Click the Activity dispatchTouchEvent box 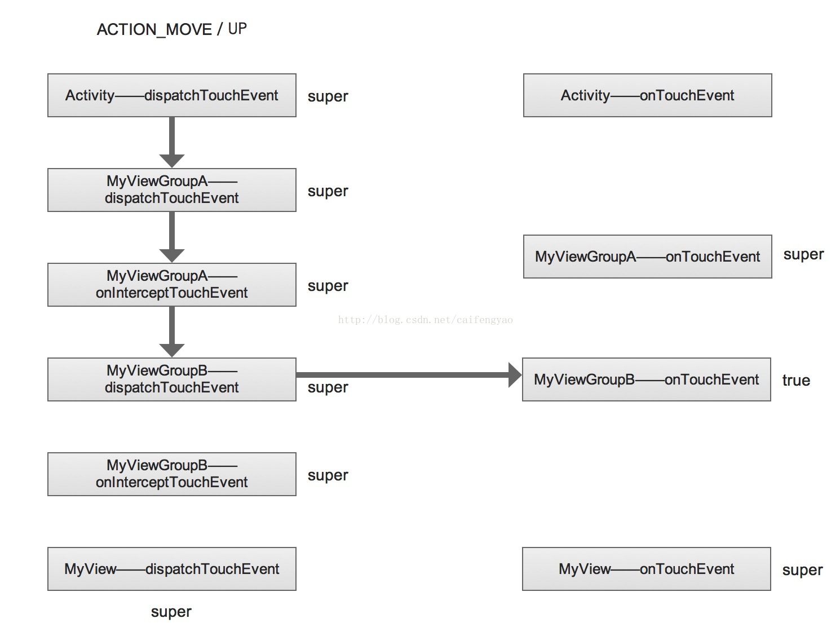coord(172,95)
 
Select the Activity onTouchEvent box coord(647,95)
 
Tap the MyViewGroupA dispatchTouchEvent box coord(172,190)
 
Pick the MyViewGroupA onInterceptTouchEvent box coord(172,285)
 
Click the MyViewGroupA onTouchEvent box coord(647,257)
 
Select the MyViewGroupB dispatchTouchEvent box coord(172,379)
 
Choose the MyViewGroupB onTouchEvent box coord(646,379)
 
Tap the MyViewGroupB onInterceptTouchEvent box coord(172,474)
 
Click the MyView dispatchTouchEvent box coord(172,569)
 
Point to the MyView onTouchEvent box coord(646,569)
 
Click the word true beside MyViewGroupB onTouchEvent coord(796,381)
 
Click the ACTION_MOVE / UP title coord(172,29)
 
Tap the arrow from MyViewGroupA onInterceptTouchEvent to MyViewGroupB coord(172,332)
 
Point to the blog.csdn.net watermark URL coord(425,320)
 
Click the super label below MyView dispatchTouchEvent coord(171,612)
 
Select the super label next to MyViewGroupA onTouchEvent coord(803,255)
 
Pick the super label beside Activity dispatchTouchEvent coord(328,96)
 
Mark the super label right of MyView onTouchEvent coord(802,570)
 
